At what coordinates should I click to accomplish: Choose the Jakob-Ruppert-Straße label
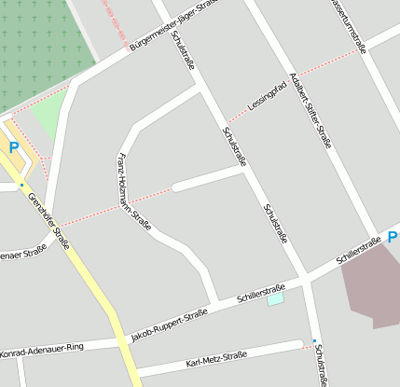click(169, 325)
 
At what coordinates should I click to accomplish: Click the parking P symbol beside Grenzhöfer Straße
click(14, 146)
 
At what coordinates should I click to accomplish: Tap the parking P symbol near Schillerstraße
click(393, 237)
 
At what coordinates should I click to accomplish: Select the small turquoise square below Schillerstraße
click(275, 299)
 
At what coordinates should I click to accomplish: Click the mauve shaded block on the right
click(373, 287)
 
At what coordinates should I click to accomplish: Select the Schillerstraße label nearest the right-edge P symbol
click(358, 249)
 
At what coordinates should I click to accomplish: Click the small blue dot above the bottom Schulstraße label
click(314, 340)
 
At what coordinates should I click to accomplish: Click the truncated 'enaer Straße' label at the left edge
click(23, 253)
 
